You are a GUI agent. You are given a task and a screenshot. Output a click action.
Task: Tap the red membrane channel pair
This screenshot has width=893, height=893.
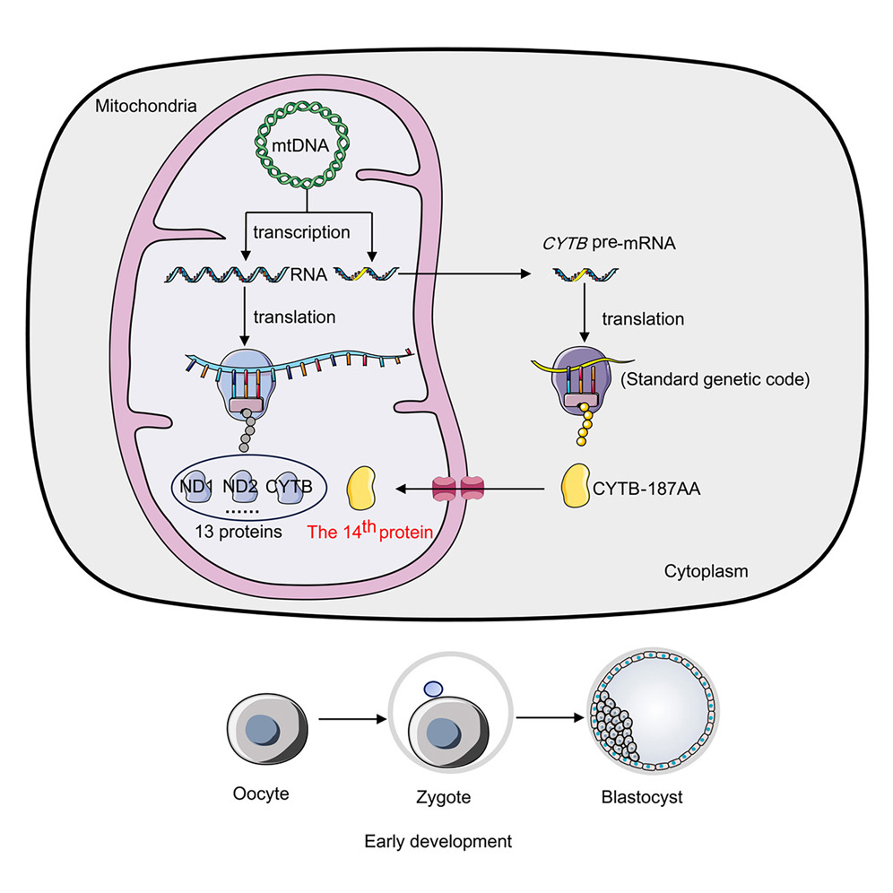click(x=458, y=489)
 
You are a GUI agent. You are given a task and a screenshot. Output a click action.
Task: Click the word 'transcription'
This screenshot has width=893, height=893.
click(x=301, y=232)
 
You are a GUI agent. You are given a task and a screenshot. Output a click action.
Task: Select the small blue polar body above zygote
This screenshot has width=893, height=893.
click(x=432, y=688)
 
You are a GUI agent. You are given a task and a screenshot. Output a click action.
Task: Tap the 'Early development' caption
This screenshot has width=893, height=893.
click(x=438, y=842)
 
